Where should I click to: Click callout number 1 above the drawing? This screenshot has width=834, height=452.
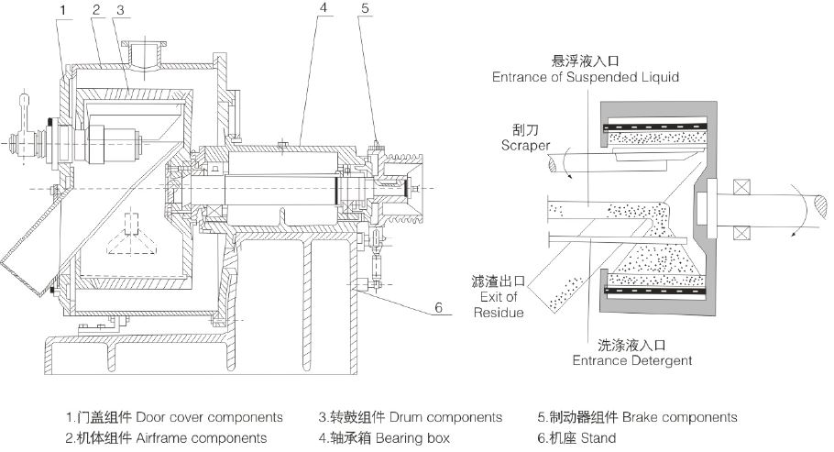(x=61, y=9)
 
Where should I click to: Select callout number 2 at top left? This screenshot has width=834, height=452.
(x=94, y=9)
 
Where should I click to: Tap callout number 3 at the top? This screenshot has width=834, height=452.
(x=120, y=9)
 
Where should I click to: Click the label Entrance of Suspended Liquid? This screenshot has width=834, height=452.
(x=586, y=77)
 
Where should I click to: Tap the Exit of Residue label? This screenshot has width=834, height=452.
(x=498, y=298)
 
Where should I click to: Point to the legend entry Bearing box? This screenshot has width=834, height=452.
(x=384, y=438)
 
